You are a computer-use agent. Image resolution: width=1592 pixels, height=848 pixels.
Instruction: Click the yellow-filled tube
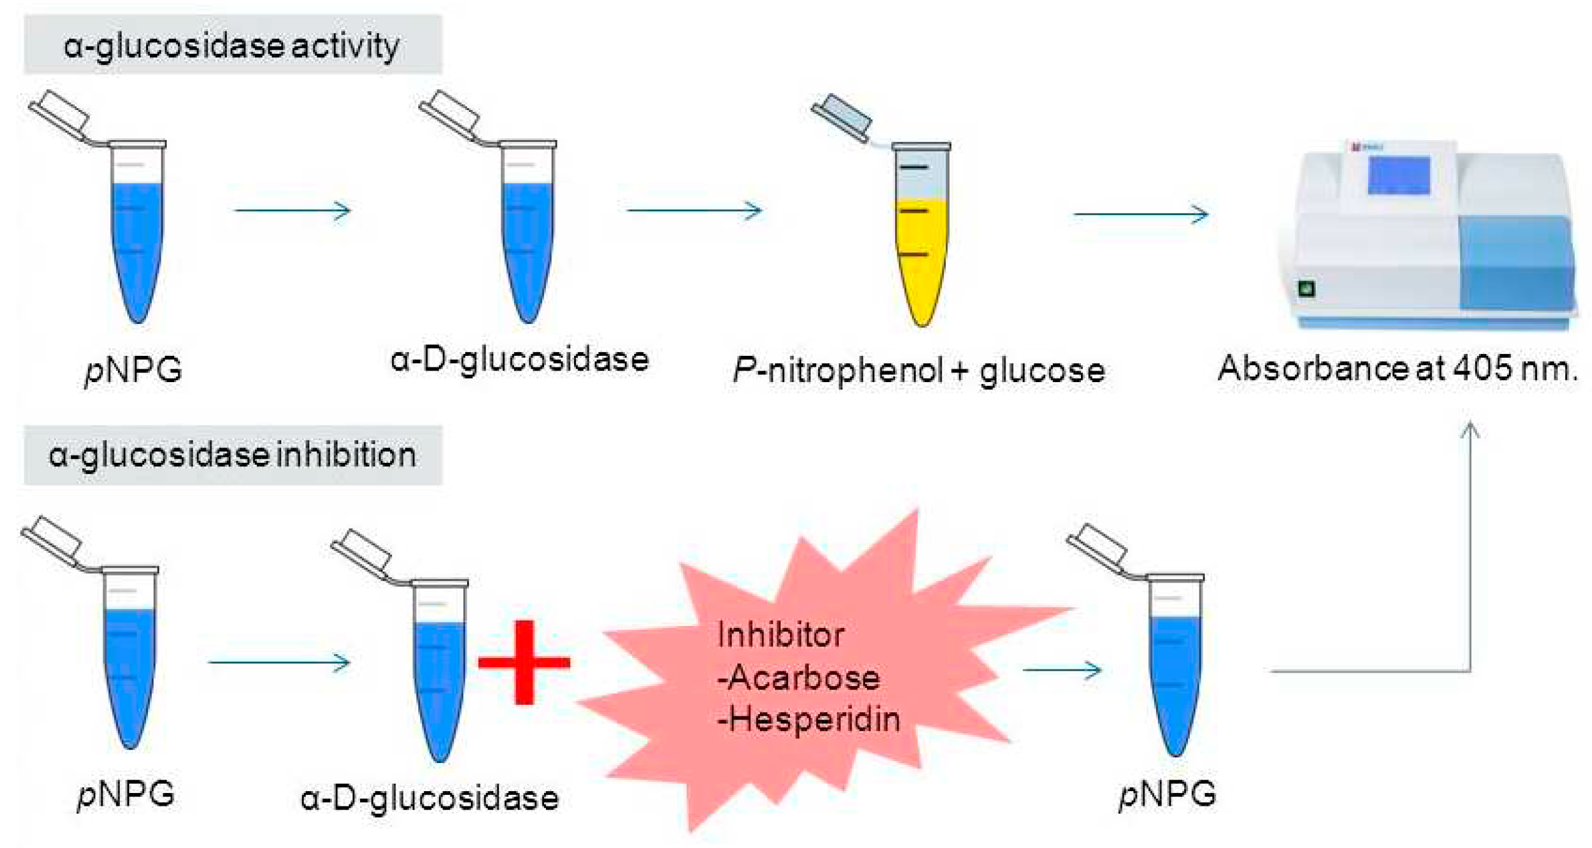(921, 260)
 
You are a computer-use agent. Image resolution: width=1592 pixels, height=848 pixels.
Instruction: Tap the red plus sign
(524, 662)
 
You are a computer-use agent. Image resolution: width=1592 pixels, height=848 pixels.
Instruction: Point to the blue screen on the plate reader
(1399, 175)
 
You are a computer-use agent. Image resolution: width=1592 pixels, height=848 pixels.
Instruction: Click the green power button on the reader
(1306, 288)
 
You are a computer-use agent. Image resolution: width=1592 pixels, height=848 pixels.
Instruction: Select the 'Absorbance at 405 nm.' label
(1398, 369)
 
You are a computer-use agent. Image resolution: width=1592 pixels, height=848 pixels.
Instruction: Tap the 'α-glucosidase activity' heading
(232, 46)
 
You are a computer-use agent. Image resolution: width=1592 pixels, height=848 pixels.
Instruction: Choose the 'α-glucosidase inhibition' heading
(232, 455)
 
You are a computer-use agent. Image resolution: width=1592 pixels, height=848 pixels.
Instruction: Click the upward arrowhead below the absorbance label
(1470, 430)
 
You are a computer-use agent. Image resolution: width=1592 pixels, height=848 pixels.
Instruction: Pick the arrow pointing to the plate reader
(1141, 214)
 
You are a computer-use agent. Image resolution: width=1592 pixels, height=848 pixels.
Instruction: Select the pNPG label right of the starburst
(1168, 795)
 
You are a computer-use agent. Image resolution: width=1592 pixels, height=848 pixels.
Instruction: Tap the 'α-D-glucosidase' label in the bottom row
(430, 798)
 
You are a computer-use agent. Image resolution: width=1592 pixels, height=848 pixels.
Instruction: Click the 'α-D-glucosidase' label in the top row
(519, 360)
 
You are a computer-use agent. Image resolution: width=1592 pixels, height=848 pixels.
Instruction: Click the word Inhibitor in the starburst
(781, 635)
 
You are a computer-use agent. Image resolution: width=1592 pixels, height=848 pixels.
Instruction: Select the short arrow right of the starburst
(1062, 669)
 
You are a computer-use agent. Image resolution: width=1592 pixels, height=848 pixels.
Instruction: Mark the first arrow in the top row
(292, 211)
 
